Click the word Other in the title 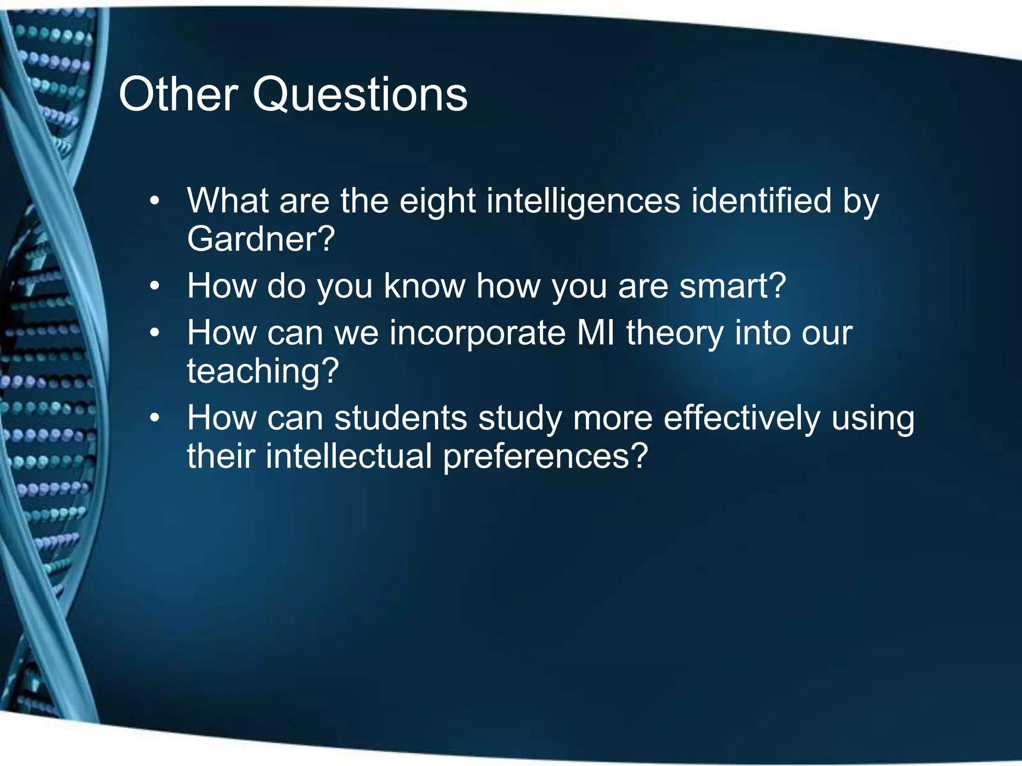(x=178, y=94)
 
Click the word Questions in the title (x=360, y=94)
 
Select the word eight (x=438, y=202)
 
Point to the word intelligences (x=583, y=201)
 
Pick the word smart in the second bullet (x=727, y=286)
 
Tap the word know (x=424, y=286)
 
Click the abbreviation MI (x=596, y=333)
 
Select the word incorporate (x=478, y=334)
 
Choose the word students (x=401, y=418)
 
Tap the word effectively (x=742, y=418)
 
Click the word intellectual (x=349, y=456)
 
